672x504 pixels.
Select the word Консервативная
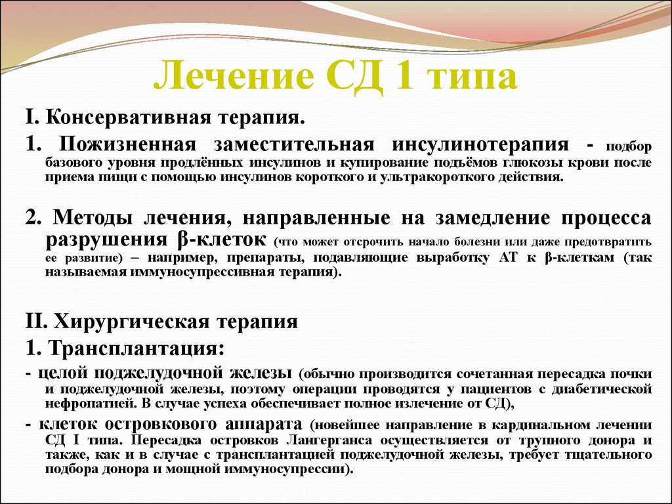point(118,118)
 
